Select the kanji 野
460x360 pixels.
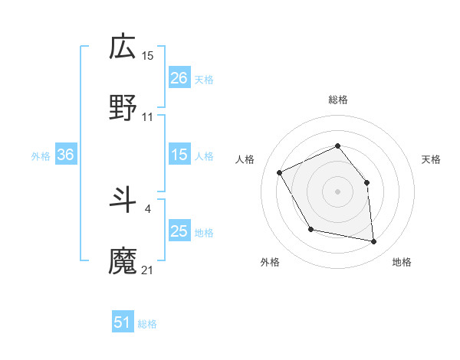(x=123, y=108)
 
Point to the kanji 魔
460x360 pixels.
(x=123, y=261)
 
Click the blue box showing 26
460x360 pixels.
(x=179, y=77)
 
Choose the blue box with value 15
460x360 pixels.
(x=179, y=155)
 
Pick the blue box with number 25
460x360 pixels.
(x=179, y=231)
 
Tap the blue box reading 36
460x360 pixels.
(x=65, y=155)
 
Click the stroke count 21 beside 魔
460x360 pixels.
(x=148, y=270)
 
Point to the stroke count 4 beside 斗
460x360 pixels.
(x=147, y=208)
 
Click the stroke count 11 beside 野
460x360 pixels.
(x=148, y=116)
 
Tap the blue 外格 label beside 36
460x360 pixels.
(x=41, y=155)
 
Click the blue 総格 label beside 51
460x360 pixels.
(x=147, y=324)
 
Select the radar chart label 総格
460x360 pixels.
(x=337, y=100)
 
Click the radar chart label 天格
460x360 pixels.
(x=431, y=159)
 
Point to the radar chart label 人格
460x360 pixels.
(x=245, y=159)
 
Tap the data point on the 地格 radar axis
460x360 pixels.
(x=373, y=241)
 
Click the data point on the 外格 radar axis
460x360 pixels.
(x=310, y=229)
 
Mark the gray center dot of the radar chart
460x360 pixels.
(x=337, y=191)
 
